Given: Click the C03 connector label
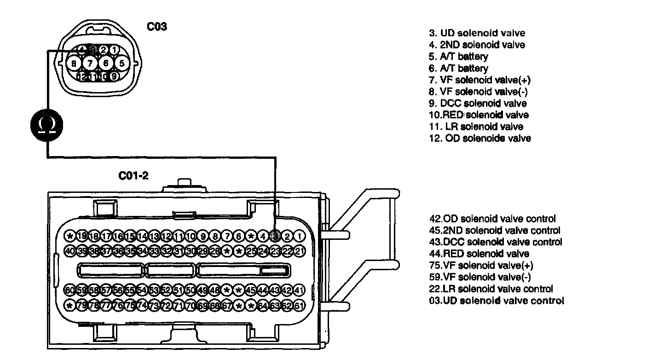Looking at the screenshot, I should click(156, 27).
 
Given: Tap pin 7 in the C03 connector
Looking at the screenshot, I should click(90, 63).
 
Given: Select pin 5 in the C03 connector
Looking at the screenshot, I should click(121, 63).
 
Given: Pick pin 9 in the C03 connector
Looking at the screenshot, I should click(114, 76).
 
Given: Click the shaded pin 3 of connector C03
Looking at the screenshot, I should click(93, 49).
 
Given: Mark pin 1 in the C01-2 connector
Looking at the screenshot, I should click(299, 237).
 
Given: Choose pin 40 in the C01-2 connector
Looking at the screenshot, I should click(70, 251).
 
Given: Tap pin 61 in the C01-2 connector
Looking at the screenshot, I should click(299, 305).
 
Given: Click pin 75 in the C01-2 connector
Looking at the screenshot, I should click(130, 305).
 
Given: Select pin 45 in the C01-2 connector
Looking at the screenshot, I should click(251, 290).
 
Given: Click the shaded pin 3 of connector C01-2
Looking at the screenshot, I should click(275, 237).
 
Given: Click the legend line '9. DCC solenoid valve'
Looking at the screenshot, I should click(477, 103).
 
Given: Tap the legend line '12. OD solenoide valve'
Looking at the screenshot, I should click(479, 138).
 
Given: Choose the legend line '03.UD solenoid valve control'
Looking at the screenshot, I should click(496, 301).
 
